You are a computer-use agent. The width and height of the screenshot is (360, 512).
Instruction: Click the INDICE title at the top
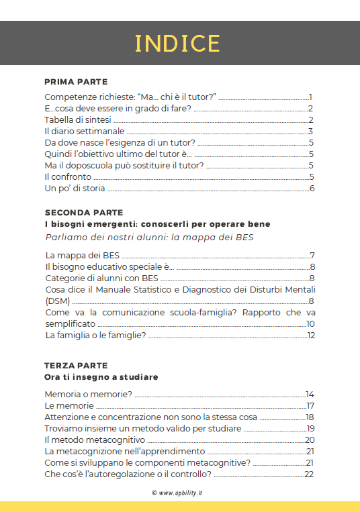pos(178,43)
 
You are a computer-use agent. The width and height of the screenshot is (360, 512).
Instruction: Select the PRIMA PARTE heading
pos(76,82)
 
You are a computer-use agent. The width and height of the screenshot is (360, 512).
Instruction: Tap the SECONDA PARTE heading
pos(83,212)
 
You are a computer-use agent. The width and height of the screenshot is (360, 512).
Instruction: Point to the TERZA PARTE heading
pos(76,366)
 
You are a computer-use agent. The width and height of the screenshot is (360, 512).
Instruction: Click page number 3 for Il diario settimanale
pos(311,132)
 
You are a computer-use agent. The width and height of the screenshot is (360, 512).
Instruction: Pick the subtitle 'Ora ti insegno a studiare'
pos(101,377)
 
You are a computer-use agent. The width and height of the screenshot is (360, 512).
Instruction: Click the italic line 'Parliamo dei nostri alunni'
pos(148,237)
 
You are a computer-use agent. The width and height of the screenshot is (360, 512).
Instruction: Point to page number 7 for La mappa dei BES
pos(312,256)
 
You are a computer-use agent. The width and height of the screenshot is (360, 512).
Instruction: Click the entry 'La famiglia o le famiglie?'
pos(95,335)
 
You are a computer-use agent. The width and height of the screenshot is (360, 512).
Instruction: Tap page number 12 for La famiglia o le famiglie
pos(311,335)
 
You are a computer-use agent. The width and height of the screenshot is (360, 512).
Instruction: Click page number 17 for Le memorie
pos(310,406)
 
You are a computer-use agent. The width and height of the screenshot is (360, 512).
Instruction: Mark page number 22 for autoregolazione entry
pos(309,474)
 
